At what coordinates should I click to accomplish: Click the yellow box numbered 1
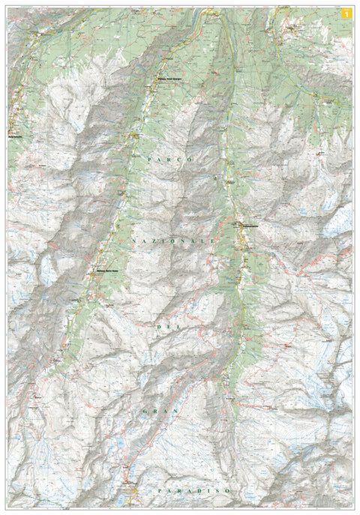tap(345, 13)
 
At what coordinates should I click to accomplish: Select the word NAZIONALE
tap(172, 240)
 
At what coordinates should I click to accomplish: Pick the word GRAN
tap(161, 412)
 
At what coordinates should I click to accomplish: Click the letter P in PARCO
tap(151, 160)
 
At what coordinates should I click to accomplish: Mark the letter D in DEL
tap(157, 327)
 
